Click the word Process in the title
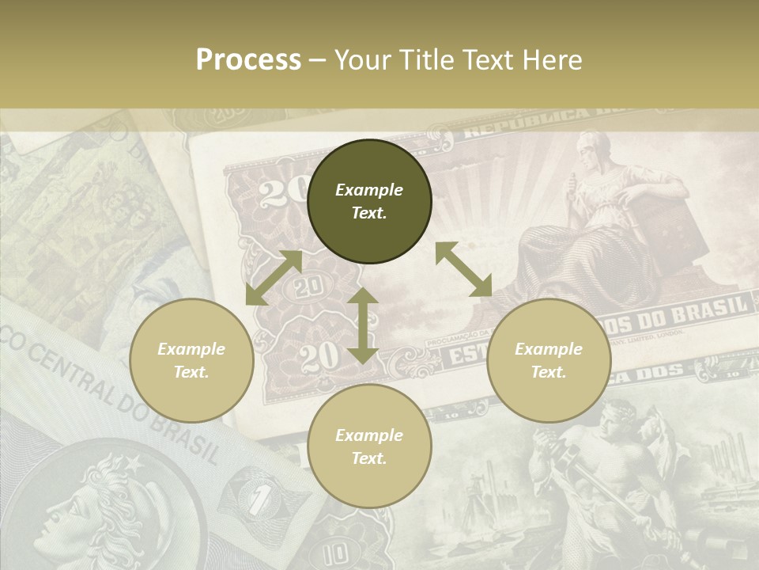point(248,60)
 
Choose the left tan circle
point(191,360)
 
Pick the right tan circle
point(549,360)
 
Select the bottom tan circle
point(369,446)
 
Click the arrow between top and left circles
point(274,278)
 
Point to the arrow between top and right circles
point(463,269)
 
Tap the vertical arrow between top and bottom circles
point(363,325)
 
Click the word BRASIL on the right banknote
point(710,307)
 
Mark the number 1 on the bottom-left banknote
point(255,500)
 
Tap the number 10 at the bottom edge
point(338,552)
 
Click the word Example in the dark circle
point(369,190)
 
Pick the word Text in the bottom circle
point(369,458)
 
